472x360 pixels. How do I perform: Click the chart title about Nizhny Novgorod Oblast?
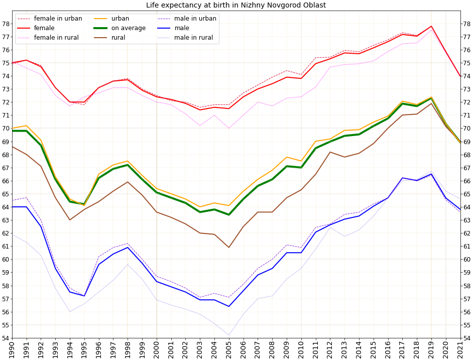click(236, 6)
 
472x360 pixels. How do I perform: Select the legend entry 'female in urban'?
click(58, 19)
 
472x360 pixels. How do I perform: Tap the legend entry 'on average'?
click(129, 28)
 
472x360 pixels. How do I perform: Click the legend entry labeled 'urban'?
click(121, 19)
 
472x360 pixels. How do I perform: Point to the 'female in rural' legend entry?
click(56, 38)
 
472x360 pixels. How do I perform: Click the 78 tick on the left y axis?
click(6, 24)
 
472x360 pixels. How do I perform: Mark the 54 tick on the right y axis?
click(466, 338)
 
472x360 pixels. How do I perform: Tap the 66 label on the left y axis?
click(6, 181)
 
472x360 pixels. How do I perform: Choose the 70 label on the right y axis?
click(466, 129)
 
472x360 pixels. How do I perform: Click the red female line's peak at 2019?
click(431, 26)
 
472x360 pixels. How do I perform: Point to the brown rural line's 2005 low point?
click(229, 248)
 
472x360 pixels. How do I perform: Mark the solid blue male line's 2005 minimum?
click(229, 306)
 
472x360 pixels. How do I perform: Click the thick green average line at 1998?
click(128, 165)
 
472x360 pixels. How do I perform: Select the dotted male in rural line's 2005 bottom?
click(229, 335)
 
